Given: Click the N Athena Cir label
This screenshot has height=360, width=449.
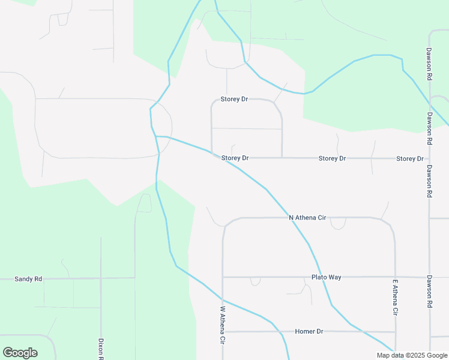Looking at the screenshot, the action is tap(307, 217).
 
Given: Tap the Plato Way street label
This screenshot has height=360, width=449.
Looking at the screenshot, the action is tap(326, 277).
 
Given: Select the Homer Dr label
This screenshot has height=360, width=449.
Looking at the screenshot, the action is tap(309, 331).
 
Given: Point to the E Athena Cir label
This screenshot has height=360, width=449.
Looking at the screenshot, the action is tap(396, 298).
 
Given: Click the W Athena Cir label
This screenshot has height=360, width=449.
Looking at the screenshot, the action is tap(222, 325).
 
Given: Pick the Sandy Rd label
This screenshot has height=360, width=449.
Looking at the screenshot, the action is tap(28, 279).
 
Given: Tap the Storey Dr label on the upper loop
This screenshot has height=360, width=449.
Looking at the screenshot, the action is tap(234, 99).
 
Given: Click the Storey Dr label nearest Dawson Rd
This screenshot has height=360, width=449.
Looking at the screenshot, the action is tap(410, 159).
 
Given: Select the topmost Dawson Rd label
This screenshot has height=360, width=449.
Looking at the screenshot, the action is tap(430, 65).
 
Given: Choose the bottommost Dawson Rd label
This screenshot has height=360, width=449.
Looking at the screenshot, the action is tap(430, 292).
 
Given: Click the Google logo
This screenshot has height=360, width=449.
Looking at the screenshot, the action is tap(20, 353).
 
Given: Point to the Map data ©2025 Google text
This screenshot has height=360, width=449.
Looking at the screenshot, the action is tap(412, 355).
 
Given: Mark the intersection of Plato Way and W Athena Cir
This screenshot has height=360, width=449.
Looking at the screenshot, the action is tap(223, 277).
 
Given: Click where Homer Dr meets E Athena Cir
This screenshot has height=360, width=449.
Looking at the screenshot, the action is tap(395, 332).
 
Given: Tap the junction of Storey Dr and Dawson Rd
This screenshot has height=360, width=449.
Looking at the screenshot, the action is tap(430, 159).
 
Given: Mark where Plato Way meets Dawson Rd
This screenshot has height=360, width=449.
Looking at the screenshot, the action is tap(430, 277).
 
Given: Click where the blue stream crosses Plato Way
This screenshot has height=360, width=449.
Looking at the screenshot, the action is tap(319, 277).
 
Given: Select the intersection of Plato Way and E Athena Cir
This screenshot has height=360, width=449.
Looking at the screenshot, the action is tap(395, 277).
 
